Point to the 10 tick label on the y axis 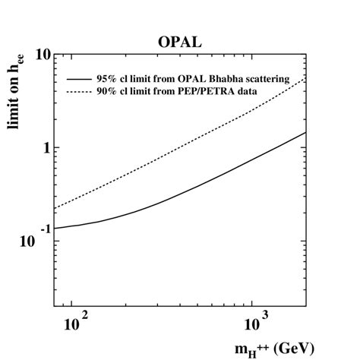[x=41, y=55]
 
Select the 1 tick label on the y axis [x=46, y=147]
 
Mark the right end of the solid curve [x=305, y=133]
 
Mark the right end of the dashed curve [x=305, y=77]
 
